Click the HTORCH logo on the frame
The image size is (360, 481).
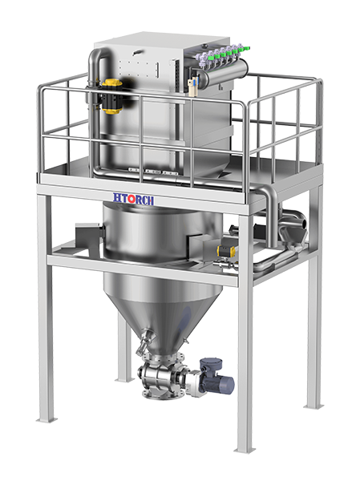click(x=133, y=199)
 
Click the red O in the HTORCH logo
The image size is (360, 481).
click(x=131, y=199)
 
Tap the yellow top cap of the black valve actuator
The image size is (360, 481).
click(x=112, y=83)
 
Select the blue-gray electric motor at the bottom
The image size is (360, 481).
click(x=216, y=378)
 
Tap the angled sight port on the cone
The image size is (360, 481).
click(x=145, y=341)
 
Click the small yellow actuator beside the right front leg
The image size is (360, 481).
click(x=226, y=251)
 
